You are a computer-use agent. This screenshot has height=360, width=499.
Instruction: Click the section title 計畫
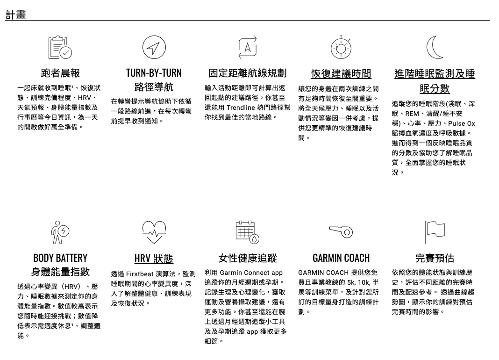pyautogui.click(x=15, y=14)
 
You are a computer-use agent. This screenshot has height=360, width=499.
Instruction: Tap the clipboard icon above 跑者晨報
pyautogui.click(x=60, y=47)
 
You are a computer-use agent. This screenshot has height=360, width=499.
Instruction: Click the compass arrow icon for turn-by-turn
pyautogui.click(x=154, y=47)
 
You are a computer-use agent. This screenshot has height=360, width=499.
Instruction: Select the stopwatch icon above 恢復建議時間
pyautogui.click(x=341, y=47)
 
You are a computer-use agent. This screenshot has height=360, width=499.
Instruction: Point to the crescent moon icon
pyautogui.click(x=435, y=47)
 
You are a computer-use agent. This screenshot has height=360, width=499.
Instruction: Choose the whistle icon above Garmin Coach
pyautogui.click(x=341, y=231)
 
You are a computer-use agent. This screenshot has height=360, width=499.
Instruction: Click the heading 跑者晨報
pyautogui.click(x=60, y=73)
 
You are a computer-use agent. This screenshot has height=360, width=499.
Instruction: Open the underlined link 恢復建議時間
pyautogui.click(x=341, y=74)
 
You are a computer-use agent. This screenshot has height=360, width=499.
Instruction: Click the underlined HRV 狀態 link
pyautogui.click(x=154, y=259)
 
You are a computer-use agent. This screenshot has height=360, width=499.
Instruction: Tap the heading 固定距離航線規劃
pyautogui.click(x=247, y=73)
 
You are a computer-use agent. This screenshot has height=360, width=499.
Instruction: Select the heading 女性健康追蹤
pyautogui.click(x=247, y=258)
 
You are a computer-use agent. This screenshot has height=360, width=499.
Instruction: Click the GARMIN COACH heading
pyautogui.click(x=341, y=258)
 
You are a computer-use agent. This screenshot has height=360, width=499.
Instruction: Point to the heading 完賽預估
pyautogui.click(x=435, y=258)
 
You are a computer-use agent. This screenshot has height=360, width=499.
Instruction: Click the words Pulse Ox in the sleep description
pyautogui.click(x=461, y=124)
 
